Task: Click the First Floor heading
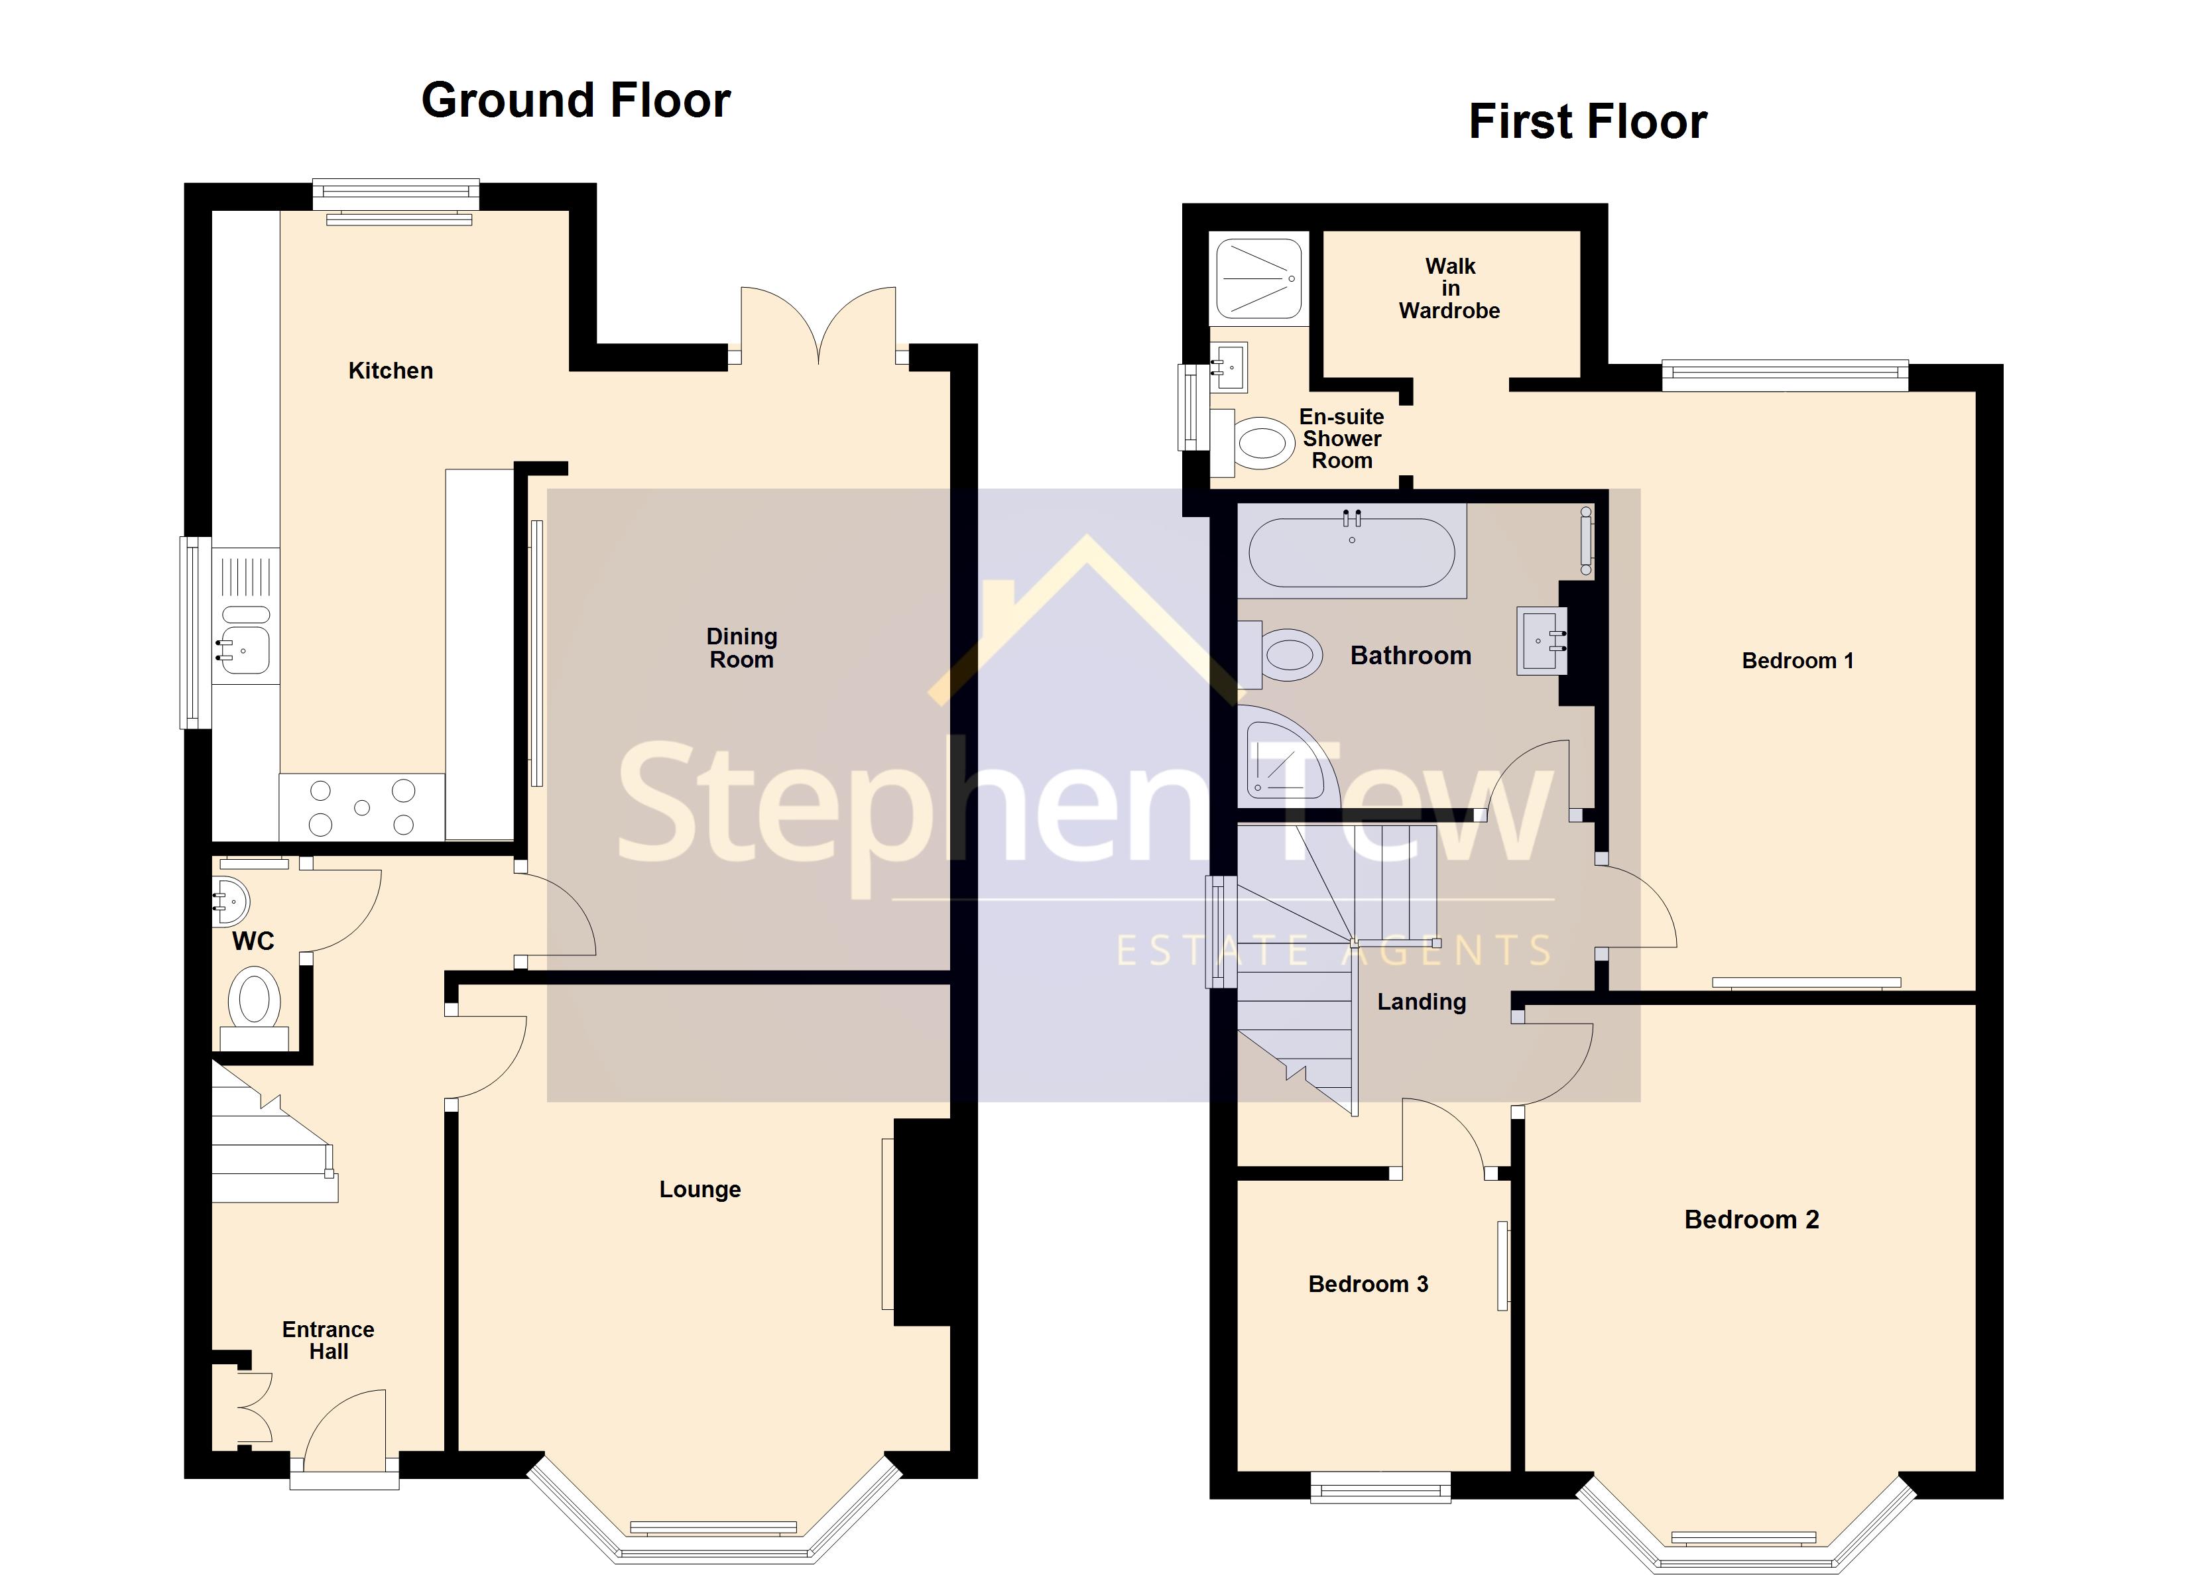(1587, 123)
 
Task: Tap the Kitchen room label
(390, 371)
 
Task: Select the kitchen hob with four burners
(362, 807)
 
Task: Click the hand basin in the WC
(231, 901)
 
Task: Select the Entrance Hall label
(328, 1340)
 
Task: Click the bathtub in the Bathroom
(1351, 553)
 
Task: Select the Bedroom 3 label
(1367, 1284)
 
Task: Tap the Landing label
(1421, 1002)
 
